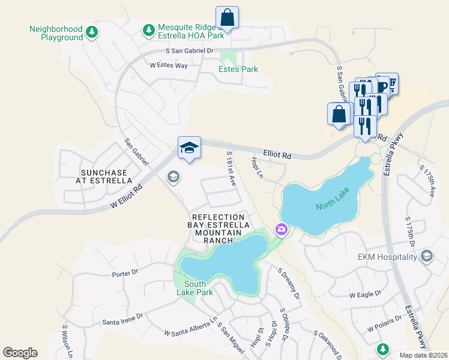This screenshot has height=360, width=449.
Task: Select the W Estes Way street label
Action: point(169,65)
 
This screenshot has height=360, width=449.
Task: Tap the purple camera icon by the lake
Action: point(280,229)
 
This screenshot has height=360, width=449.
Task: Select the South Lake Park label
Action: point(199,288)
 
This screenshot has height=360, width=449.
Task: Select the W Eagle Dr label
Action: point(365,295)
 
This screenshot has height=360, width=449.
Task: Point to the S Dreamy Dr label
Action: point(289,283)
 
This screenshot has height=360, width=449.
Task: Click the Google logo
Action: point(20,352)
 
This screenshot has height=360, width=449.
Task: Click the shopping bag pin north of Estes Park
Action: point(228,18)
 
